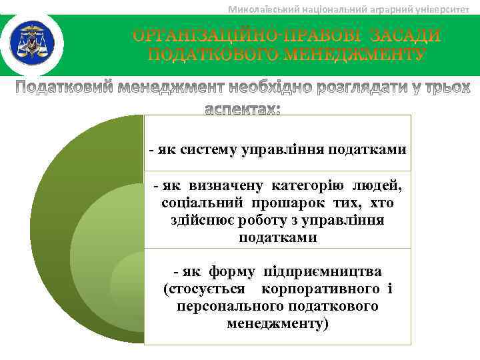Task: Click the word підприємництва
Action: [x=323, y=272]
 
